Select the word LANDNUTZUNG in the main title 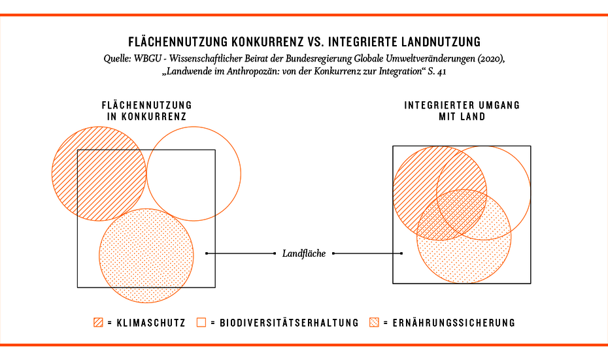(x=437, y=41)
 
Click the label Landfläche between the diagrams (x=304, y=254)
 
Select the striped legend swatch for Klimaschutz (x=98, y=322)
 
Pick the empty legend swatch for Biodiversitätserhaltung (x=201, y=322)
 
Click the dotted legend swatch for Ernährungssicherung (x=374, y=322)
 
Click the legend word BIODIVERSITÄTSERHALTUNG (x=289, y=323)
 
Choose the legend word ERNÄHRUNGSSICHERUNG (x=454, y=323)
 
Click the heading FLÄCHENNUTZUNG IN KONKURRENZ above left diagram (x=147, y=111)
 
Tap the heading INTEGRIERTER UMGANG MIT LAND (x=462, y=111)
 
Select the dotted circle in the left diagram (x=146, y=255)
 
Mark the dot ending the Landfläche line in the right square (x=401, y=254)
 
